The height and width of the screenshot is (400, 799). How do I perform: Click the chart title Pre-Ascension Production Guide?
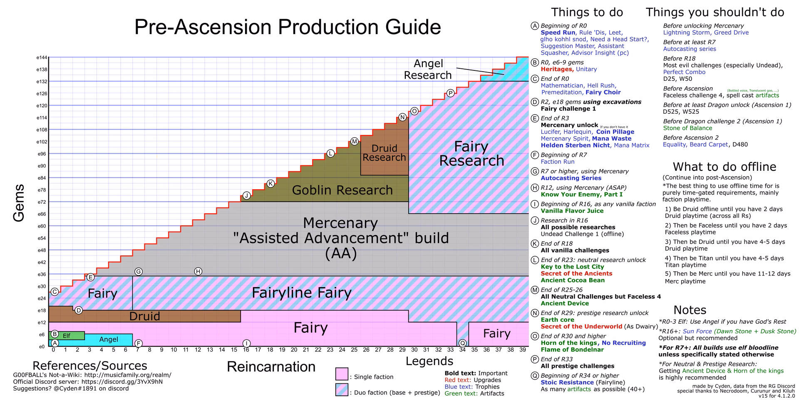pos(288,27)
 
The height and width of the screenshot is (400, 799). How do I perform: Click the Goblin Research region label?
pos(342,190)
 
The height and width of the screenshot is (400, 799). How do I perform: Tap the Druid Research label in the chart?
pos(384,153)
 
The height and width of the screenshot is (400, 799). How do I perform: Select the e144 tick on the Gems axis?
pos(42,57)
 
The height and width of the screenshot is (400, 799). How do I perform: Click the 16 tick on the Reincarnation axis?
pos(246,350)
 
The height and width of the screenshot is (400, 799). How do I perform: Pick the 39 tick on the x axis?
pos(523,350)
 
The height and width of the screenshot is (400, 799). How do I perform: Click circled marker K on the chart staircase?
pos(270,183)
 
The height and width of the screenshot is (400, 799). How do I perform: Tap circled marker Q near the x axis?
pos(462,343)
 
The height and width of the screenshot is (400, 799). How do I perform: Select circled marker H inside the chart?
pos(198,271)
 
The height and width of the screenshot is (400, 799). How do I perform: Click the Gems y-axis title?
pos(19,203)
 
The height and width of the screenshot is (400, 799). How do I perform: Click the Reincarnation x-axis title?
pos(271,367)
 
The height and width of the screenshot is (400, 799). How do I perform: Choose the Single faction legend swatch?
pos(342,374)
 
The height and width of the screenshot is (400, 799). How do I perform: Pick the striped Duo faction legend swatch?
pos(342,390)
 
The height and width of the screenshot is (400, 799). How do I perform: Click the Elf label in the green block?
pos(67,336)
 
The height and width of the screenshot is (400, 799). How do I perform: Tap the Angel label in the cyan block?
pos(109,340)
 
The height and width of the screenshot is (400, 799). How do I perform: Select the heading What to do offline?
pos(725,167)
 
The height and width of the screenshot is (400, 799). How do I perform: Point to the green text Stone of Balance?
pos(687,128)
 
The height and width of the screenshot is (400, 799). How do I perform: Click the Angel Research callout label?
pos(428,69)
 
